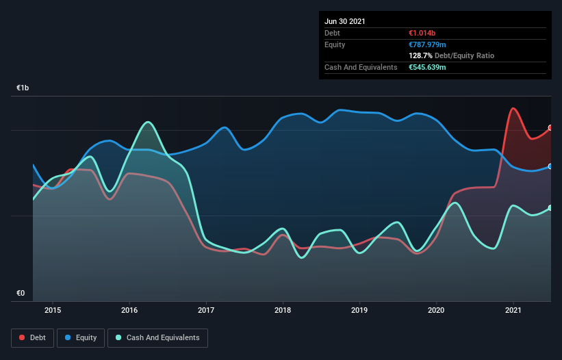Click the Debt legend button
click(31, 337)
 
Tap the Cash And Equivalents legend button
click(157, 337)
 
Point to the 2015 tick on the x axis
click(53, 310)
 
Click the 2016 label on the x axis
click(129, 310)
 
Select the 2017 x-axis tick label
click(206, 310)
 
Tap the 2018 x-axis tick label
click(282, 310)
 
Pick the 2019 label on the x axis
click(359, 310)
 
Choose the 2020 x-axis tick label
click(435, 310)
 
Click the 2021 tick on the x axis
click(512, 310)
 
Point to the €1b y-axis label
click(23, 88)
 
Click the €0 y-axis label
click(21, 294)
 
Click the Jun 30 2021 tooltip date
click(345, 21)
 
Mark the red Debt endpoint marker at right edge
click(550, 128)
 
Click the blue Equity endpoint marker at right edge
click(550, 166)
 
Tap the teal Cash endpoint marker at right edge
click(550, 208)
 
